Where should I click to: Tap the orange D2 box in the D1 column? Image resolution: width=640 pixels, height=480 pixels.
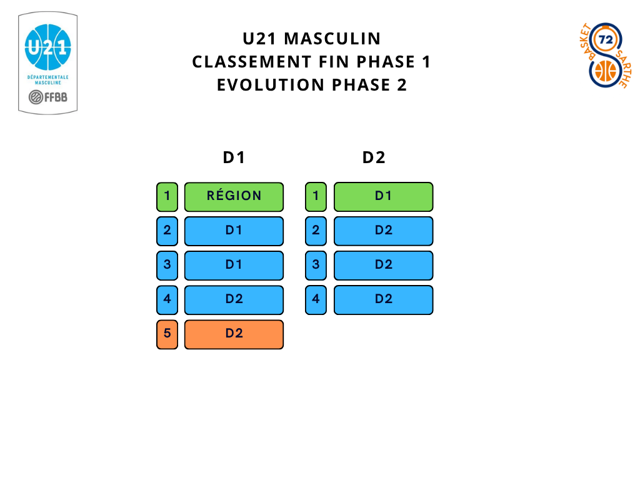[234, 334]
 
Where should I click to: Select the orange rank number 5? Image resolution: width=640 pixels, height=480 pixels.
[167, 334]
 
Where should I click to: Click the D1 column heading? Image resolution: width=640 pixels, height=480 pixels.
[234, 157]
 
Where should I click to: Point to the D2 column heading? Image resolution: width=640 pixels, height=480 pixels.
[374, 157]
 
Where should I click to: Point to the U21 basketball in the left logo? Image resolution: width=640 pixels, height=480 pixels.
[47, 47]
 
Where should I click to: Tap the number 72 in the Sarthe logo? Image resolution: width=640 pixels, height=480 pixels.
[606, 39]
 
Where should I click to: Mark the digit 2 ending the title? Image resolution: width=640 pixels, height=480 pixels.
[401, 85]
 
